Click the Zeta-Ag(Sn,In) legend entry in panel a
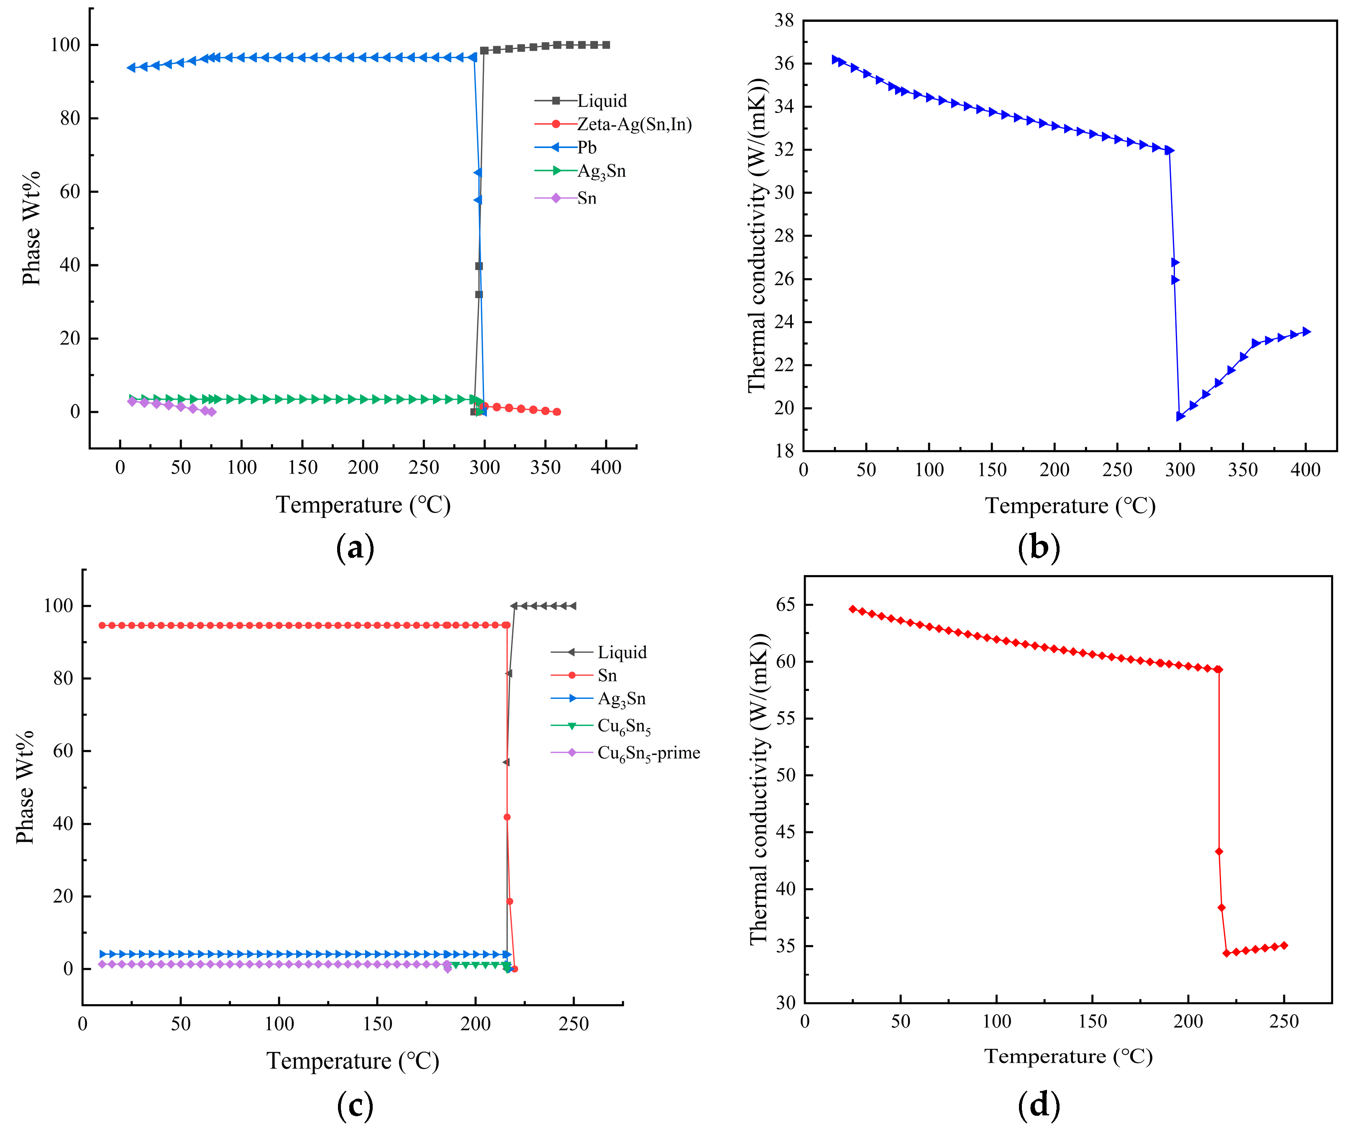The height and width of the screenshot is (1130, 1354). pos(634,124)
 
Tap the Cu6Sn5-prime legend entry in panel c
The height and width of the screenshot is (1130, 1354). pos(648,753)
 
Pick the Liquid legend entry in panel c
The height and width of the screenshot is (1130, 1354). pos(622,652)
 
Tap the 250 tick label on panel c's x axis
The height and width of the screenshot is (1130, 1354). pos(573,1024)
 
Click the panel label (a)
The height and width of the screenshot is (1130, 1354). pos(355,548)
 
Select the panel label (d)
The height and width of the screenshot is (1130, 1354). pos(1038,1105)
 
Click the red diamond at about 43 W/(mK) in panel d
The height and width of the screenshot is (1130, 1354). pos(1218,851)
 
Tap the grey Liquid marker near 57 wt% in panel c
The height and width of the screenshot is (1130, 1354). pos(506,762)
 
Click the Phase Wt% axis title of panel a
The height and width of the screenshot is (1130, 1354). pos(31,228)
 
